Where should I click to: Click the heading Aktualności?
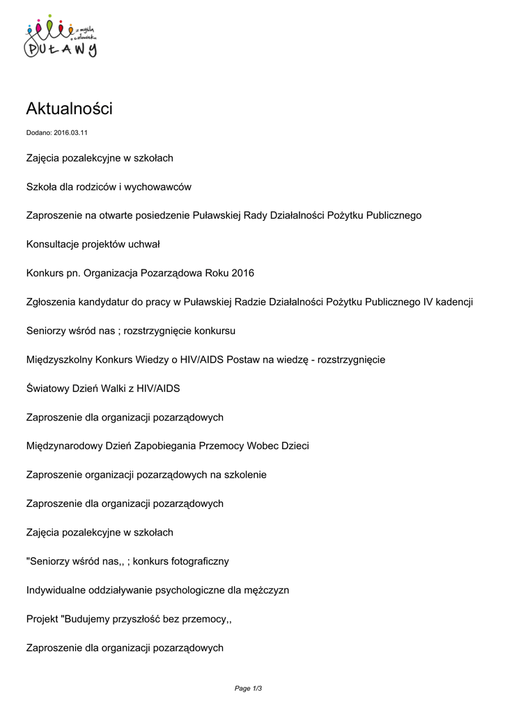68,109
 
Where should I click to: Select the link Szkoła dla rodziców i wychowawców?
108,187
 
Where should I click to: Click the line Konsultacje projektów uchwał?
93,244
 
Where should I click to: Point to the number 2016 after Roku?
243,273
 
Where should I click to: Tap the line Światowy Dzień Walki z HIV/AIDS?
102,389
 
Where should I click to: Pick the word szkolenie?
244,475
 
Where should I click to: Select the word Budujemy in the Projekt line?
86,619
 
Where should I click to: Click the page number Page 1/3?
248,689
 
